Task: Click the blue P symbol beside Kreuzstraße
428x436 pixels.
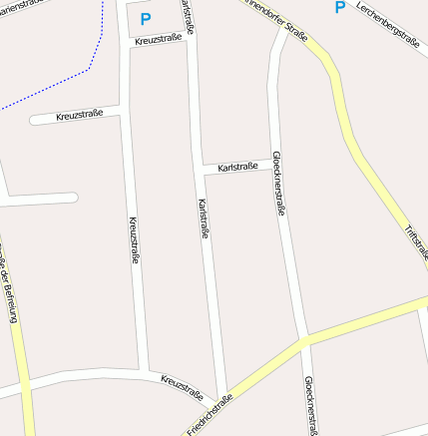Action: pos(146,18)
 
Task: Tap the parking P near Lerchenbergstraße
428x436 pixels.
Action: pos(339,8)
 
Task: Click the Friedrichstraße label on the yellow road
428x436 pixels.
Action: pos(210,415)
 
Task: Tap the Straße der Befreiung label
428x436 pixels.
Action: pos(9,289)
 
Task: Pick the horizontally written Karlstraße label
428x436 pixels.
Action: pos(237,166)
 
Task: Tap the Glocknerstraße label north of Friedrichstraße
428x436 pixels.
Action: pos(279,185)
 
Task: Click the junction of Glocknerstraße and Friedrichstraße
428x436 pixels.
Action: pos(303,340)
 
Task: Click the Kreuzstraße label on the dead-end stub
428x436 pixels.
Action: pos(79,117)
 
